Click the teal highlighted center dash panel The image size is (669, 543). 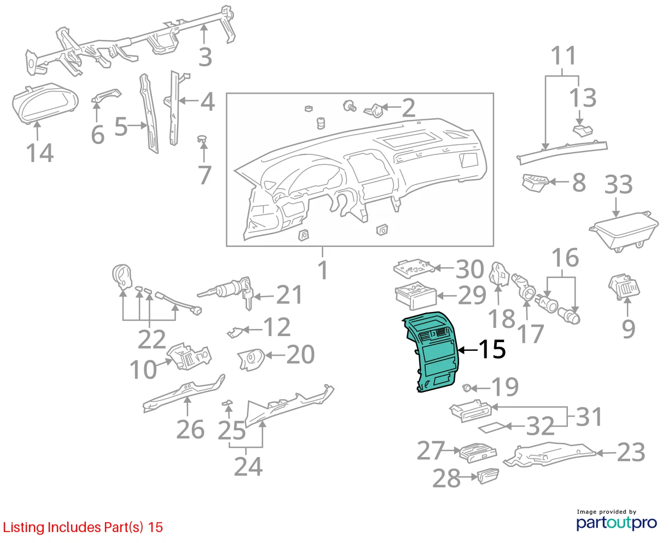431,352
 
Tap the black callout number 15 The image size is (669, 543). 492,349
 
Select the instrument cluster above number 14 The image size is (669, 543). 45,103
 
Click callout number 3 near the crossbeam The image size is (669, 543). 206,57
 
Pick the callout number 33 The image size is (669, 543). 618,184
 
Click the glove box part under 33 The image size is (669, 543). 623,231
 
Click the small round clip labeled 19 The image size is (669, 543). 466,388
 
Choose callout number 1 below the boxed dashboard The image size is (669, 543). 322,270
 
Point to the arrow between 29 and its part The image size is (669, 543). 447,296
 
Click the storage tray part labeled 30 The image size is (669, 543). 414,268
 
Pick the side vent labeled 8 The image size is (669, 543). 535,183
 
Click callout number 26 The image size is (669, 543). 190,430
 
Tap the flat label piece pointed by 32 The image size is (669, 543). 492,428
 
